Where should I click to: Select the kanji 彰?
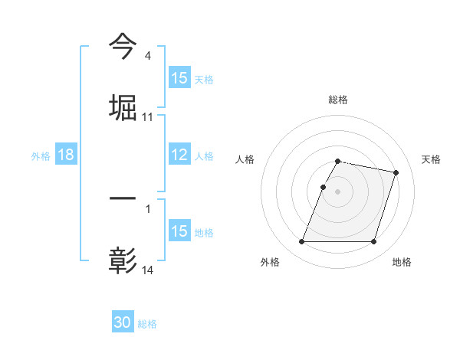pyautogui.click(x=123, y=260)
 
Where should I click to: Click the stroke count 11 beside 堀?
pyautogui.click(x=148, y=117)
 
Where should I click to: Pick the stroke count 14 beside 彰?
pyautogui.click(x=148, y=271)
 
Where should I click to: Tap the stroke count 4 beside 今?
pyautogui.click(x=147, y=56)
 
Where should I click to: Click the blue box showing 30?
pyautogui.click(x=123, y=322)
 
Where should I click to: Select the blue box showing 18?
pyautogui.click(x=66, y=155)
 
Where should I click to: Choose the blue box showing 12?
pyautogui.click(x=179, y=155)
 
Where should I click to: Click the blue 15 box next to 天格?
pyautogui.click(x=179, y=78)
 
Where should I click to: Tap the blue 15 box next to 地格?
pyautogui.click(x=179, y=231)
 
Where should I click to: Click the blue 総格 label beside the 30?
pyautogui.click(x=147, y=324)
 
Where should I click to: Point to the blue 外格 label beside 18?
pyautogui.click(x=41, y=155)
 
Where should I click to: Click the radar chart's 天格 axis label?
pyautogui.click(x=431, y=159)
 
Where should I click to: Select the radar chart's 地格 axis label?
pyautogui.click(x=402, y=262)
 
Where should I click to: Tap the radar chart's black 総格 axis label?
pyautogui.click(x=338, y=100)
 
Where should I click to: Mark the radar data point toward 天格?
pyautogui.click(x=396, y=172)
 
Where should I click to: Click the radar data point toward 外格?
pyautogui.click(x=302, y=242)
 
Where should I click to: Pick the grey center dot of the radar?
pyautogui.click(x=338, y=191)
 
